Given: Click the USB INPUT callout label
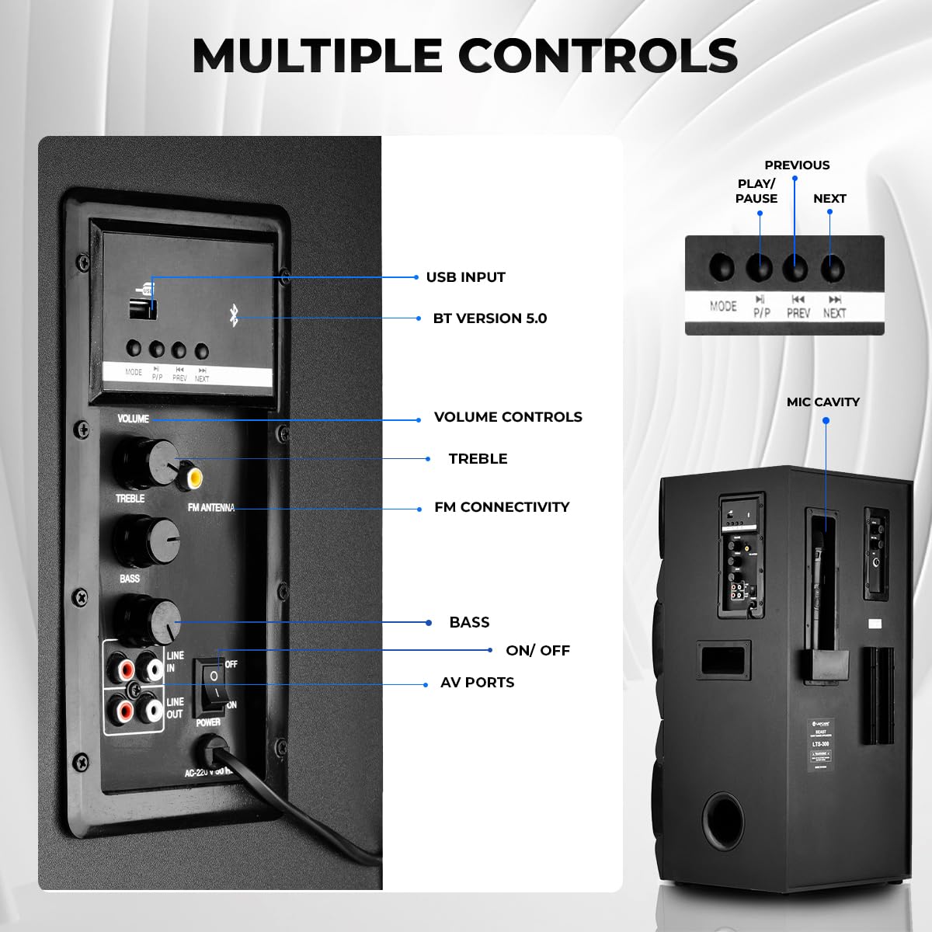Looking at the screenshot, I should [x=465, y=277].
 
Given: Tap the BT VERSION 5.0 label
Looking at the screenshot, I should [x=489, y=318].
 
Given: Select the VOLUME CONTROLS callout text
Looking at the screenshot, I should [x=508, y=417].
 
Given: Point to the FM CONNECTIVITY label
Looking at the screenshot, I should [x=502, y=507].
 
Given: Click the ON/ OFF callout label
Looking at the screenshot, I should [x=537, y=651].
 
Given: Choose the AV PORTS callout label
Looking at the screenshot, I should [x=477, y=683].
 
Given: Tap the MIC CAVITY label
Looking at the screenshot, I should [x=822, y=402].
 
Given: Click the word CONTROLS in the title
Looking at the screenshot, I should [x=598, y=56].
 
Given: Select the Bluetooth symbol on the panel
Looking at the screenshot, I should [x=233, y=315].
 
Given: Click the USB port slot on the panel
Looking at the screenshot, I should [x=142, y=306].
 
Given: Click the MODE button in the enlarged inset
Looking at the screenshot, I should [x=722, y=268].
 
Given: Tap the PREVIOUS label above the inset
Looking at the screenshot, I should [x=797, y=165].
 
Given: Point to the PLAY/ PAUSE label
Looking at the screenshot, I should [x=756, y=191].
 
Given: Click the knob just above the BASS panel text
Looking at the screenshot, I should [x=144, y=539].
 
